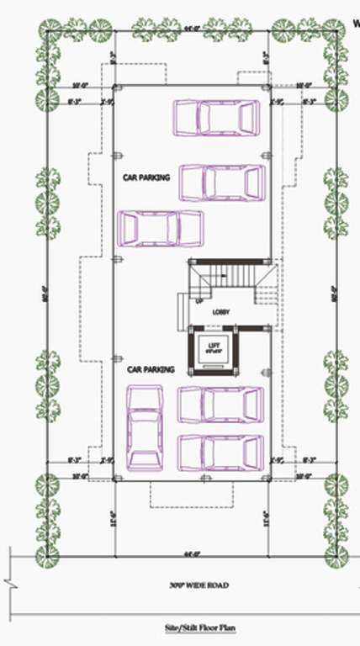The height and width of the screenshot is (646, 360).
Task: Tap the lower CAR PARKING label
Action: click(x=151, y=369)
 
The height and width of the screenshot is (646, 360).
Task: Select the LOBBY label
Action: click(x=221, y=312)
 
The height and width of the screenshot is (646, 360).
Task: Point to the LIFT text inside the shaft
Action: click(x=213, y=343)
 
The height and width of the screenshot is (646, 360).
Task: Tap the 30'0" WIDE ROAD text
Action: click(x=199, y=585)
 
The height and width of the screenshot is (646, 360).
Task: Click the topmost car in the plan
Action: click(x=216, y=118)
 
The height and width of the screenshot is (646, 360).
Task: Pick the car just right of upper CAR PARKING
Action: click(x=222, y=182)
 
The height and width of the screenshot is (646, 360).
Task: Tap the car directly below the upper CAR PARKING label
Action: click(x=161, y=227)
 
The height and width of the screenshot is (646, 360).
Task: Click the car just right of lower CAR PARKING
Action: click(x=221, y=405)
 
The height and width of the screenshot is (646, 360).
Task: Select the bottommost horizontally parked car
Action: click(x=221, y=453)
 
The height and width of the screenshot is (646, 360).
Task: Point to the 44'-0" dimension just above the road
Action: click(x=193, y=553)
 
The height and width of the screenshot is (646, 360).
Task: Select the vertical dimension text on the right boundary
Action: click(x=333, y=294)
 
